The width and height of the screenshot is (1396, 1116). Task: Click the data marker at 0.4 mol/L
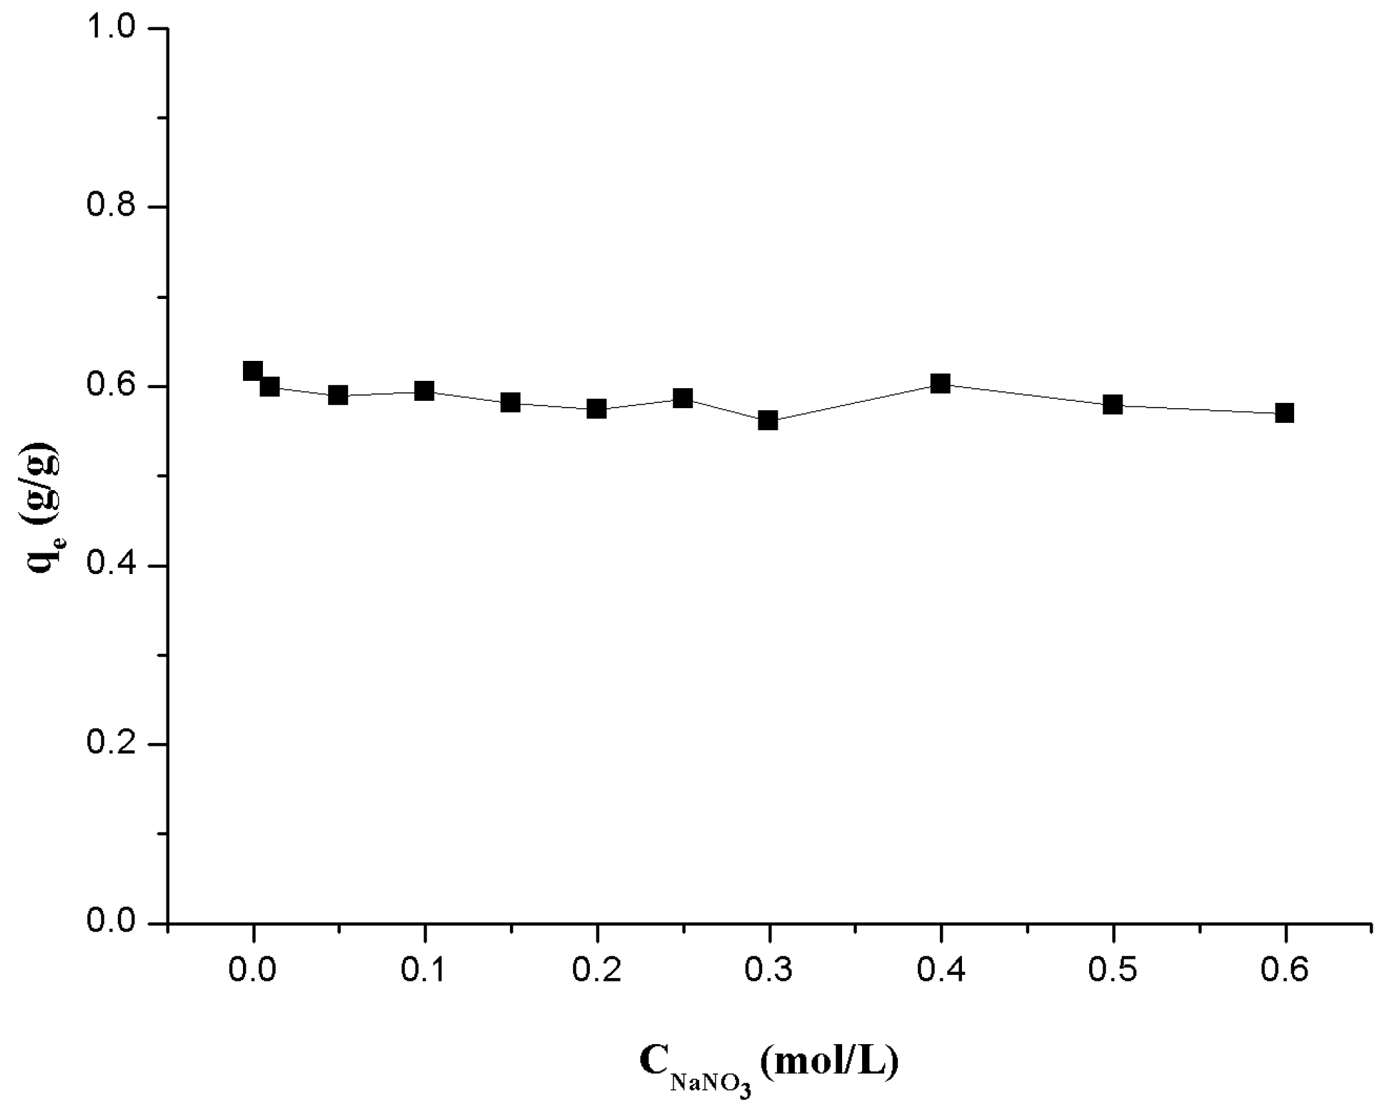click(x=940, y=384)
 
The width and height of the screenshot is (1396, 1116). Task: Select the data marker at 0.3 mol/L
click(x=768, y=420)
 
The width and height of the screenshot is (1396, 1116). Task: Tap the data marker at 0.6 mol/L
click(x=1284, y=413)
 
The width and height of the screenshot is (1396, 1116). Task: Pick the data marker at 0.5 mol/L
click(x=1112, y=404)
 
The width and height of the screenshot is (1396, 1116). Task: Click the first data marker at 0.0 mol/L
click(x=252, y=371)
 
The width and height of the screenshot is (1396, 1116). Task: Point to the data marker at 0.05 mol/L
click(x=338, y=395)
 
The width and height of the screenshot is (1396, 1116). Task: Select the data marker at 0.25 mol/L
click(x=682, y=398)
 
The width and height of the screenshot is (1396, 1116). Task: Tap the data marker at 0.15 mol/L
click(x=510, y=402)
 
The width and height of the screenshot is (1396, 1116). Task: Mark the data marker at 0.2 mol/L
click(x=596, y=409)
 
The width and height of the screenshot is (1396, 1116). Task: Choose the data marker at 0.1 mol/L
click(x=424, y=391)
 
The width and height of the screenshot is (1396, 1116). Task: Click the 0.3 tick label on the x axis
click(x=768, y=971)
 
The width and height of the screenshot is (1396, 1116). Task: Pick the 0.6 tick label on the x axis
click(x=1284, y=971)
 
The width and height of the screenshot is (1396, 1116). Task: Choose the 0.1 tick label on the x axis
click(x=424, y=971)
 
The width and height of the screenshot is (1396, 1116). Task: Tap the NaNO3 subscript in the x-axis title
click(x=711, y=1084)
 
